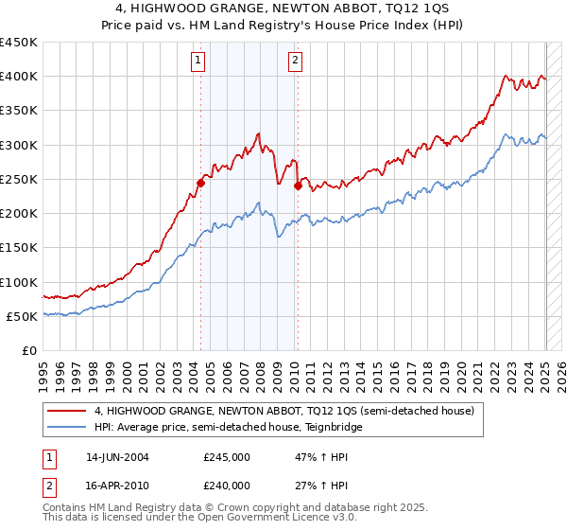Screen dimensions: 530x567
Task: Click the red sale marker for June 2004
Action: [x=200, y=183]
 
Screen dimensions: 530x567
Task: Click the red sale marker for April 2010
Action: [x=298, y=185]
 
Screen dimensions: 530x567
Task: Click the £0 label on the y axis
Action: [x=28, y=351]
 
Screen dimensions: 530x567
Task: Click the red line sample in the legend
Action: [x=68, y=411]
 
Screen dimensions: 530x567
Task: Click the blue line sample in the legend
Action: [x=68, y=427]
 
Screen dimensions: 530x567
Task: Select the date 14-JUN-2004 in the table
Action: [x=117, y=456]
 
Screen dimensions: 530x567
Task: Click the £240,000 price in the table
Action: [x=227, y=486]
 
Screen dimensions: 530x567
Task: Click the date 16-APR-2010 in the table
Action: [x=117, y=486]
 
